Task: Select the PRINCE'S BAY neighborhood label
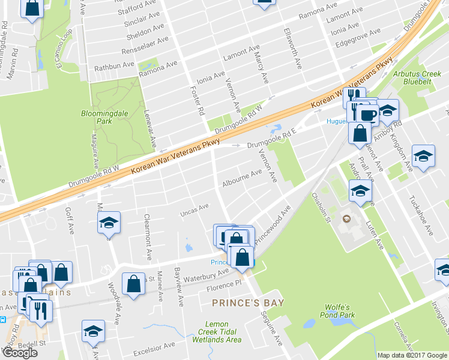pos(247,302)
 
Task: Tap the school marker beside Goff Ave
pos(109,223)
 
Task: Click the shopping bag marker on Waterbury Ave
pos(133,283)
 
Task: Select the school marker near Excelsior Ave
pos(92,331)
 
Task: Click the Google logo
pos(19,353)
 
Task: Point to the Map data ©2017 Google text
pos(412,355)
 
